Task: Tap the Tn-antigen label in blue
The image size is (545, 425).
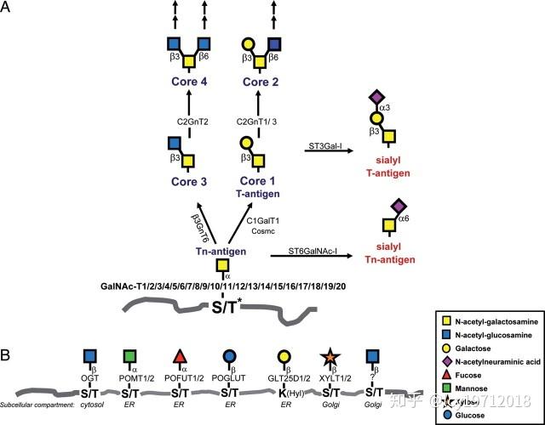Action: [220, 252]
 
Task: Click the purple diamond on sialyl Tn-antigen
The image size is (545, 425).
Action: [394, 205]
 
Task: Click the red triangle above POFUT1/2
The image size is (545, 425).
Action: [181, 355]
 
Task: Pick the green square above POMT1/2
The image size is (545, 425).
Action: [129, 355]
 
